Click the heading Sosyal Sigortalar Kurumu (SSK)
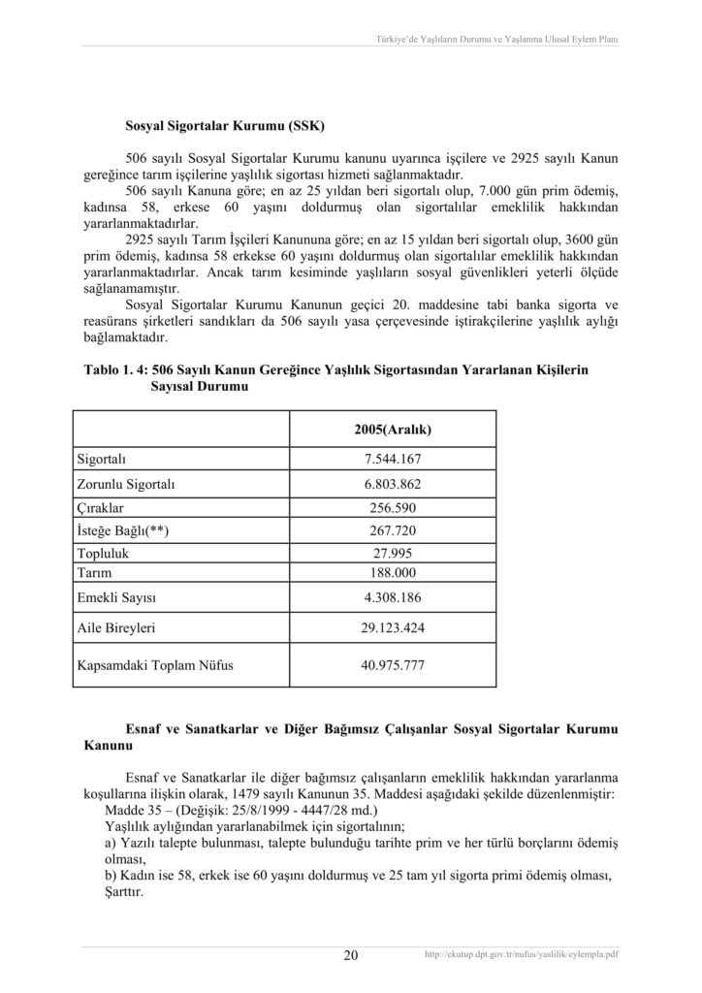[x=225, y=126]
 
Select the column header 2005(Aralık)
[x=392, y=429]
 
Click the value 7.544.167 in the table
[x=392, y=459]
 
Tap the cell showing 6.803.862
[x=392, y=483]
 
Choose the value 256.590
[x=392, y=507]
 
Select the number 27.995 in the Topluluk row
[x=392, y=553]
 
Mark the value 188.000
[x=392, y=573]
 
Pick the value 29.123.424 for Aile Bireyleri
[x=392, y=628]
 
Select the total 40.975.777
[x=392, y=666]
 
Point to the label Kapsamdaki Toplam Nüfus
[x=147, y=666]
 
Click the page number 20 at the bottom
[x=351, y=956]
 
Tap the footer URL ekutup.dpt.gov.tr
[x=522, y=955]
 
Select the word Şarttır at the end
[x=123, y=893]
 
